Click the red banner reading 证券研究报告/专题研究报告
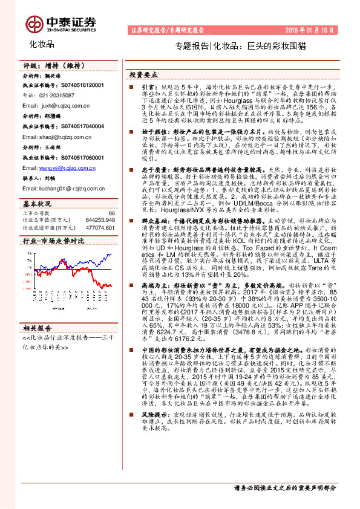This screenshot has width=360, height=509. click(x=168, y=30)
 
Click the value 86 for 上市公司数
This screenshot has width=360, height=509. click(x=111, y=213)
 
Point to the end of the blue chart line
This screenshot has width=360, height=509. click(x=111, y=254)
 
